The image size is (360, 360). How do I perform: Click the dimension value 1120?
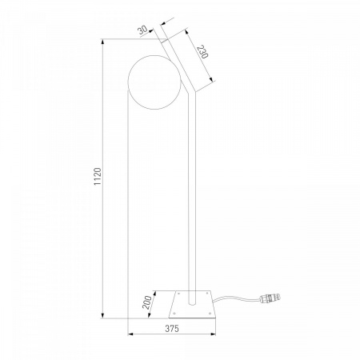(x=98, y=176)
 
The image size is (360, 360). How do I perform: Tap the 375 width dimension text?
(x=172, y=329)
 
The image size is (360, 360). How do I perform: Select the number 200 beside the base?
(x=147, y=302)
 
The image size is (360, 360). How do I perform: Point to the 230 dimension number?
(x=202, y=52)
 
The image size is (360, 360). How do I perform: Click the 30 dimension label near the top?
(x=143, y=30)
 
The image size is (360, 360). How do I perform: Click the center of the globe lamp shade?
(x=154, y=82)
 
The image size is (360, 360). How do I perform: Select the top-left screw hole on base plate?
(x=178, y=294)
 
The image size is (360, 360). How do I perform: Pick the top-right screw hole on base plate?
(x=207, y=294)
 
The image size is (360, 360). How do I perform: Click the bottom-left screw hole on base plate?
(x=174, y=313)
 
